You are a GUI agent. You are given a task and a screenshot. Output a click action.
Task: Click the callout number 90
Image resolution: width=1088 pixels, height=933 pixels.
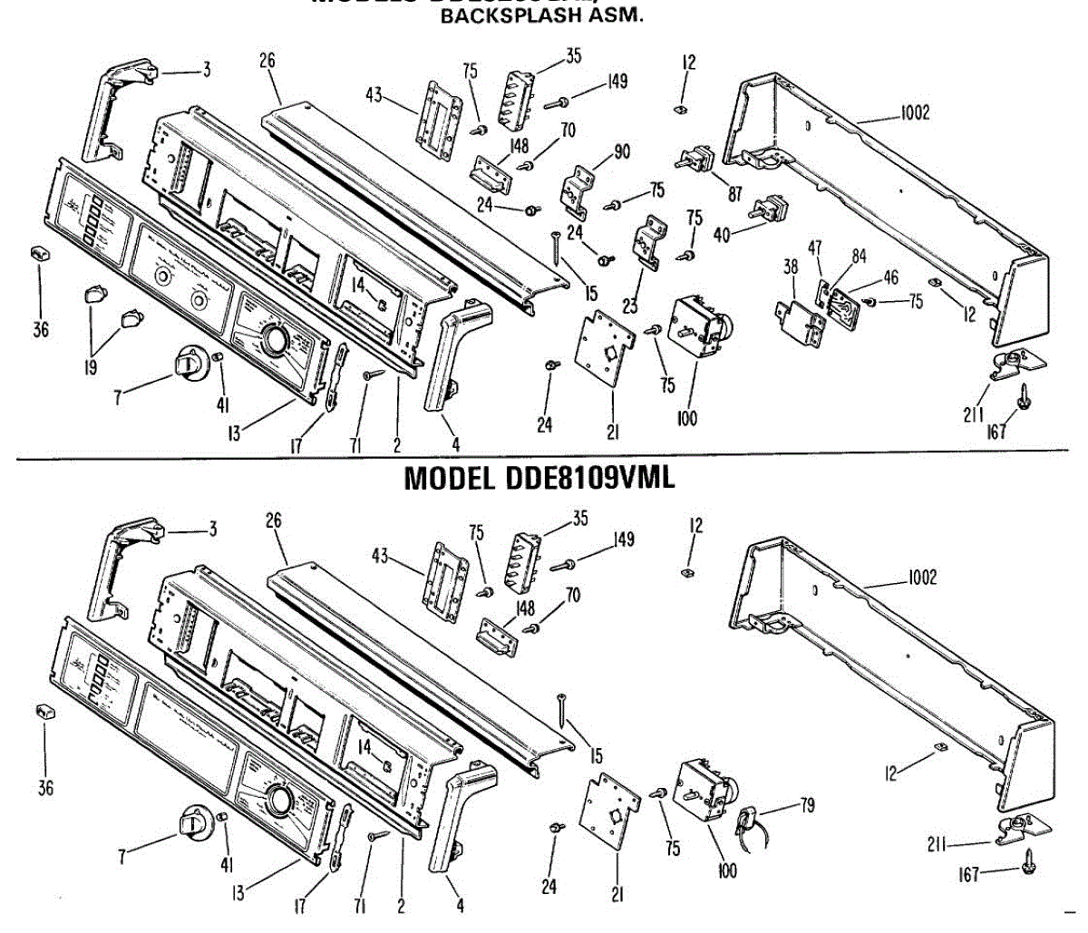tap(621, 152)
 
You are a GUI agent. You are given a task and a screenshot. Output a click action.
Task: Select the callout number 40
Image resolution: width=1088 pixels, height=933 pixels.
tap(722, 234)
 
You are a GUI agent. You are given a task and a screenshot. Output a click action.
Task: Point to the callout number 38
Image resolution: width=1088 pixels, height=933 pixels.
tap(791, 267)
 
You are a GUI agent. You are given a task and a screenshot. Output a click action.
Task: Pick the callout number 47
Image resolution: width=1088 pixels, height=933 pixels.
tap(816, 248)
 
